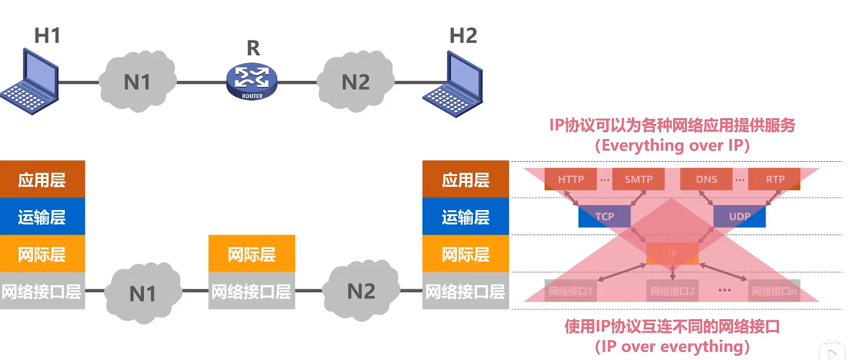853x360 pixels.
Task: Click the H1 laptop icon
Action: (31, 82)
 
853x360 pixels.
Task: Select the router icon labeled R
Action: (252, 82)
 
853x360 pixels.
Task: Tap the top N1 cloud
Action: (138, 82)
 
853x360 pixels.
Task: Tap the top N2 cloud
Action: (356, 82)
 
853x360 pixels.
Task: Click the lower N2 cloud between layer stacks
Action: (361, 291)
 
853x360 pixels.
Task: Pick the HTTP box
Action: (570, 179)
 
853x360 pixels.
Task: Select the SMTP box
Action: (638, 179)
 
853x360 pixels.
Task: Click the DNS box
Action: (706, 179)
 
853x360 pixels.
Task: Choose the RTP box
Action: (775, 179)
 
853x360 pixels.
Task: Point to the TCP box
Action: (605, 216)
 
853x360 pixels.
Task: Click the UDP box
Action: (739, 216)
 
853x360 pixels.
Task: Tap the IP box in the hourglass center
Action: (672, 253)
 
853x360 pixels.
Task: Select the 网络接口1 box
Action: (570, 291)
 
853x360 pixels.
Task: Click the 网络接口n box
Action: (774, 291)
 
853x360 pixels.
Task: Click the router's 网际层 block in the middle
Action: (252, 253)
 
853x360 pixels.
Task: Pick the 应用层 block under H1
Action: (42, 179)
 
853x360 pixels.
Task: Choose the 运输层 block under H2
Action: (465, 216)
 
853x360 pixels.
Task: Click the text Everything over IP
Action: (672, 145)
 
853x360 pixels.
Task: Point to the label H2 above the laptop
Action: (463, 36)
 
